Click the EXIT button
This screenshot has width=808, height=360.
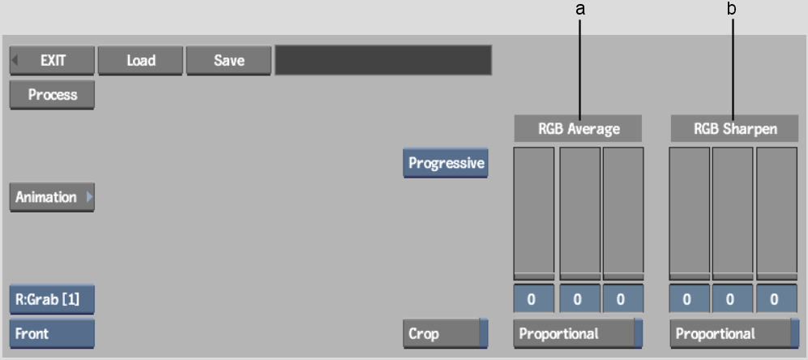tap(53, 60)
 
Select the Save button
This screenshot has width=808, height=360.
tap(229, 60)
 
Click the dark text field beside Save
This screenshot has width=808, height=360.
tap(383, 60)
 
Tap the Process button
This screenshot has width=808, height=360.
tap(53, 95)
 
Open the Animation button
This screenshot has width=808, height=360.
tap(52, 197)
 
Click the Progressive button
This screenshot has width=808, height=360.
tap(446, 163)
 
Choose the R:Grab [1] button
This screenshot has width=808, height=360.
tap(52, 299)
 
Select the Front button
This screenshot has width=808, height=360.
tap(52, 333)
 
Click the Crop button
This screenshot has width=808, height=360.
tap(445, 333)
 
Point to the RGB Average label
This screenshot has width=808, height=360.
tap(578, 129)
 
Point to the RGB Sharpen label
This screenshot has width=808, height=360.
tap(734, 129)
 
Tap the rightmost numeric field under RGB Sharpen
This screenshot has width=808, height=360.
tap(774, 299)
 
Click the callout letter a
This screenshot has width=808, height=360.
tap(579, 9)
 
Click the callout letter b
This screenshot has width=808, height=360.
tap(733, 9)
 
